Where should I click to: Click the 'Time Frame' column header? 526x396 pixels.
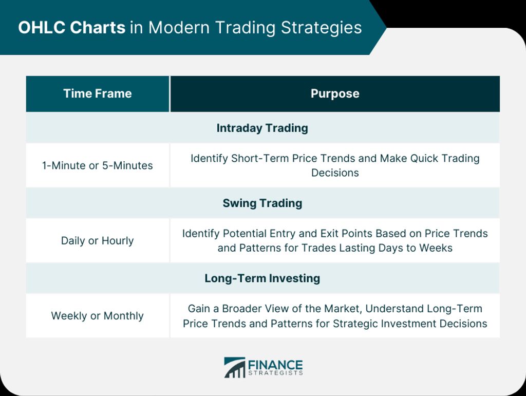point(97,93)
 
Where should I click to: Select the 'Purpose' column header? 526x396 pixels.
point(335,93)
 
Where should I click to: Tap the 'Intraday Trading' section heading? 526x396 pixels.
point(262,128)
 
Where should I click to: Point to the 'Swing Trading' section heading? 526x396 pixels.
point(262,203)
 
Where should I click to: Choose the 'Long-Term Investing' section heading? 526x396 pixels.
point(262,278)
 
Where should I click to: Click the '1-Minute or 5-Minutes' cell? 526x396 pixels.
point(97,165)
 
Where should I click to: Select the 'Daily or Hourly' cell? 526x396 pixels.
point(97,241)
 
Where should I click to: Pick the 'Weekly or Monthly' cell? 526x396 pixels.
point(97,316)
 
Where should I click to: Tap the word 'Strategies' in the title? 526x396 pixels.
point(322,28)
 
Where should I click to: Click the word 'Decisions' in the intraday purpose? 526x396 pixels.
point(335,173)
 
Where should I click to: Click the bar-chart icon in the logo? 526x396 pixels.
point(234,368)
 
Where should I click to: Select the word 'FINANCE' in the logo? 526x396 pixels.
point(275,365)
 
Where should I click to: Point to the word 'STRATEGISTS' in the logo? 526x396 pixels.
point(275,373)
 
